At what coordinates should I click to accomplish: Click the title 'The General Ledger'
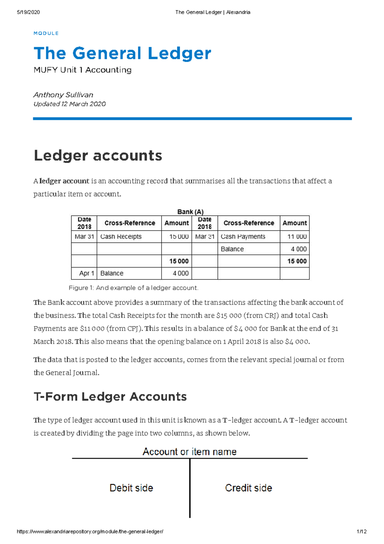[122, 53]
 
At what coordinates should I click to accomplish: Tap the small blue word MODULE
[46, 33]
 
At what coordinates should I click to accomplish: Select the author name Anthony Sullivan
[63, 95]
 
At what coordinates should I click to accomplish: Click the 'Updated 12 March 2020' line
[69, 104]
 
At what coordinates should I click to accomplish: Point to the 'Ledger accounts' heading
[98, 156]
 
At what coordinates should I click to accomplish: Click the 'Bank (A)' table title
[190, 212]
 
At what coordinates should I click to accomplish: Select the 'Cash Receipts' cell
[121, 236]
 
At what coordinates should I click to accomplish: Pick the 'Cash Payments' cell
[243, 236]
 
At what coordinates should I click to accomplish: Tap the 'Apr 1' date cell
[86, 273]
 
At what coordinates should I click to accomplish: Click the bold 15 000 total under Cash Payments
[297, 261]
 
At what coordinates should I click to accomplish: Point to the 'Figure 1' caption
[133, 288]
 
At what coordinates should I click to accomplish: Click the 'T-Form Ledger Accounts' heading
[110, 397]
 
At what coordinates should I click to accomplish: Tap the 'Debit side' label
[131, 488]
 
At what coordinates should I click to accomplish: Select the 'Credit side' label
[248, 488]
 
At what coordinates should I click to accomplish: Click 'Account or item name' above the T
[189, 452]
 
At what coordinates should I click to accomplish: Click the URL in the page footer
[90, 532]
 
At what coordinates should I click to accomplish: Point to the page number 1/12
[362, 532]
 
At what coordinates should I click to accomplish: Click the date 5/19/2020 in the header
[28, 12]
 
